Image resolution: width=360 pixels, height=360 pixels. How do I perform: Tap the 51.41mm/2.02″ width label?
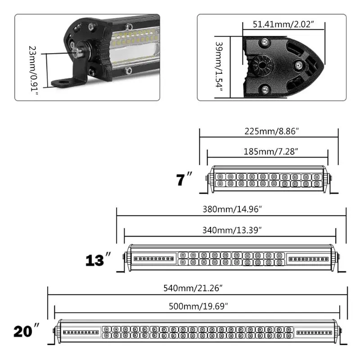click(x=283, y=24)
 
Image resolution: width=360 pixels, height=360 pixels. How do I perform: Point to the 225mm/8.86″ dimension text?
click(x=272, y=131)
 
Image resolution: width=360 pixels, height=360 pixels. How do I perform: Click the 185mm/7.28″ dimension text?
click(x=271, y=152)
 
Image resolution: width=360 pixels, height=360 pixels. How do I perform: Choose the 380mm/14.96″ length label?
click(x=232, y=209)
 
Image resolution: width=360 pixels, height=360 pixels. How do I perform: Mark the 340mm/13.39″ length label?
click(x=232, y=230)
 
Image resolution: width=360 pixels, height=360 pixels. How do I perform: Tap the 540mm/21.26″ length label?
click(x=193, y=288)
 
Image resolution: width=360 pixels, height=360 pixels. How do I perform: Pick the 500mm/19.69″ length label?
click(x=198, y=306)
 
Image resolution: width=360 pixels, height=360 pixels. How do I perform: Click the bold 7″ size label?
click(x=184, y=179)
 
